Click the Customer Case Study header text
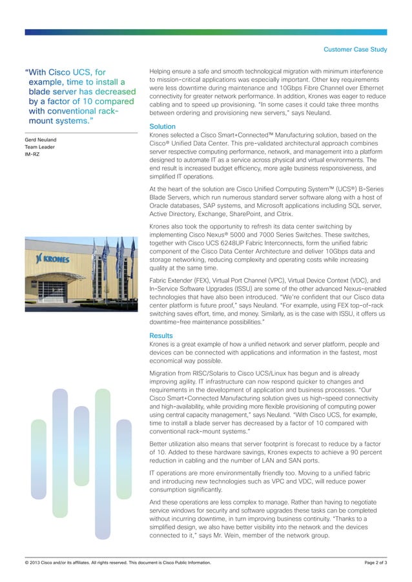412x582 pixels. pos(355,49)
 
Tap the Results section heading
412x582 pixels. pos(161,336)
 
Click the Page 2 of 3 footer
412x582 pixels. pos(376,563)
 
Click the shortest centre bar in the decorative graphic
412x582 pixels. pos(81,445)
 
